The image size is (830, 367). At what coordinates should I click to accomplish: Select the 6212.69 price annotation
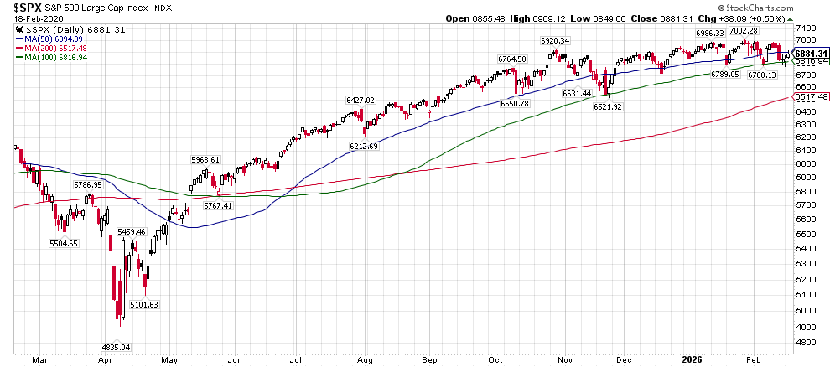[364, 146]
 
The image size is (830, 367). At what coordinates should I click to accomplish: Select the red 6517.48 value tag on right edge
[811, 97]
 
